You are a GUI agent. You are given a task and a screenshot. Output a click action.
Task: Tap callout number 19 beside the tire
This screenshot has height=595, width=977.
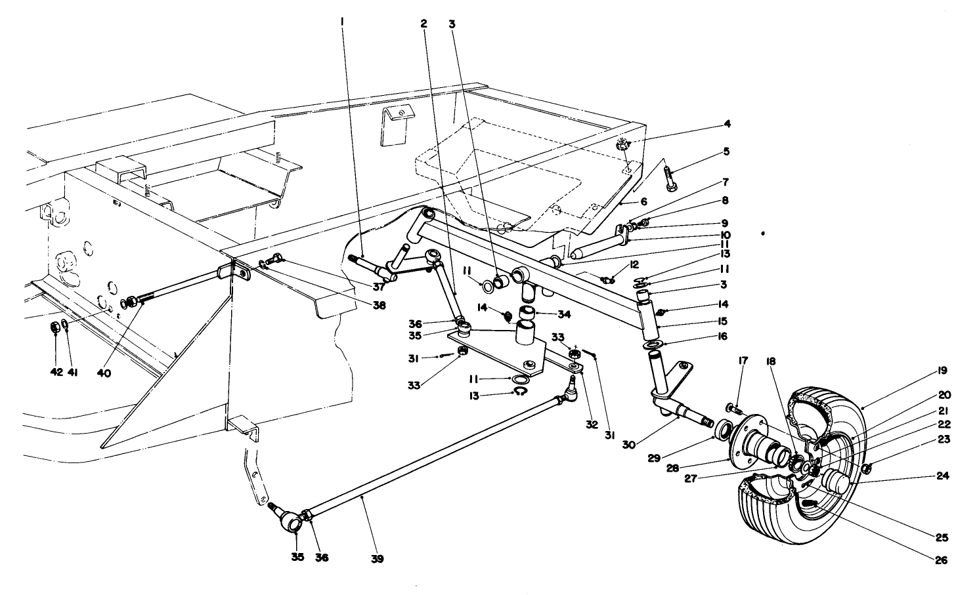(x=943, y=371)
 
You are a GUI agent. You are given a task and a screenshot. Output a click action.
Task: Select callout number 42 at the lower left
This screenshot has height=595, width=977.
(x=56, y=372)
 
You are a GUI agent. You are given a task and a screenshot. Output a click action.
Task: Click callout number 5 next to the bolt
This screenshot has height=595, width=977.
(x=727, y=152)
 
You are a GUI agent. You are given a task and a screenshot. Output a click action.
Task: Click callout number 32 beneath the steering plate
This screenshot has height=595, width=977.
(x=592, y=424)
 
